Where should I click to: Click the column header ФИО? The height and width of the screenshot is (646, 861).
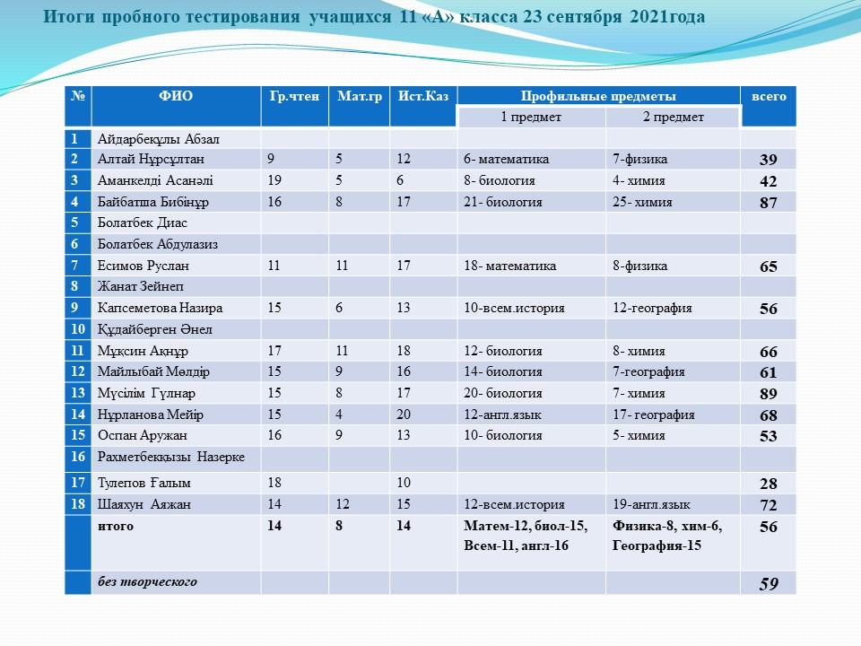(x=176, y=97)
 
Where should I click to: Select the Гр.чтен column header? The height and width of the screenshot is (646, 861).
(x=294, y=97)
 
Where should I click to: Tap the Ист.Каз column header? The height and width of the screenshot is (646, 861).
(x=422, y=97)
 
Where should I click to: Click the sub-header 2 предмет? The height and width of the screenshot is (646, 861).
(x=673, y=118)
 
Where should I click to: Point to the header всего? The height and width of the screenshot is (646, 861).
(x=769, y=97)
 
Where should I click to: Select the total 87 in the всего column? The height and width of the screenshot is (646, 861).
(x=768, y=205)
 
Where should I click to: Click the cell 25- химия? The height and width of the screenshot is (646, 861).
(x=642, y=203)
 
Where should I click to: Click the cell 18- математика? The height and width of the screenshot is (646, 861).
(x=509, y=266)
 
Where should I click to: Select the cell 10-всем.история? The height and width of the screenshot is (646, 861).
(x=514, y=308)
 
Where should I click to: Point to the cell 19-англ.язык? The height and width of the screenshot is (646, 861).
(x=651, y=505)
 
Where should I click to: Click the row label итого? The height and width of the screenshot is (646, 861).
(x=116, y=527)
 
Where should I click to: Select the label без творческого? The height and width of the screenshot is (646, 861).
(x=147, y=582)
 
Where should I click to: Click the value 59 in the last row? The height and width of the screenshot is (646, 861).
(x=769, y=584)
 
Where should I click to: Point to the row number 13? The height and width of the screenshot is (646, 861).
(x=79, y=393)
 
